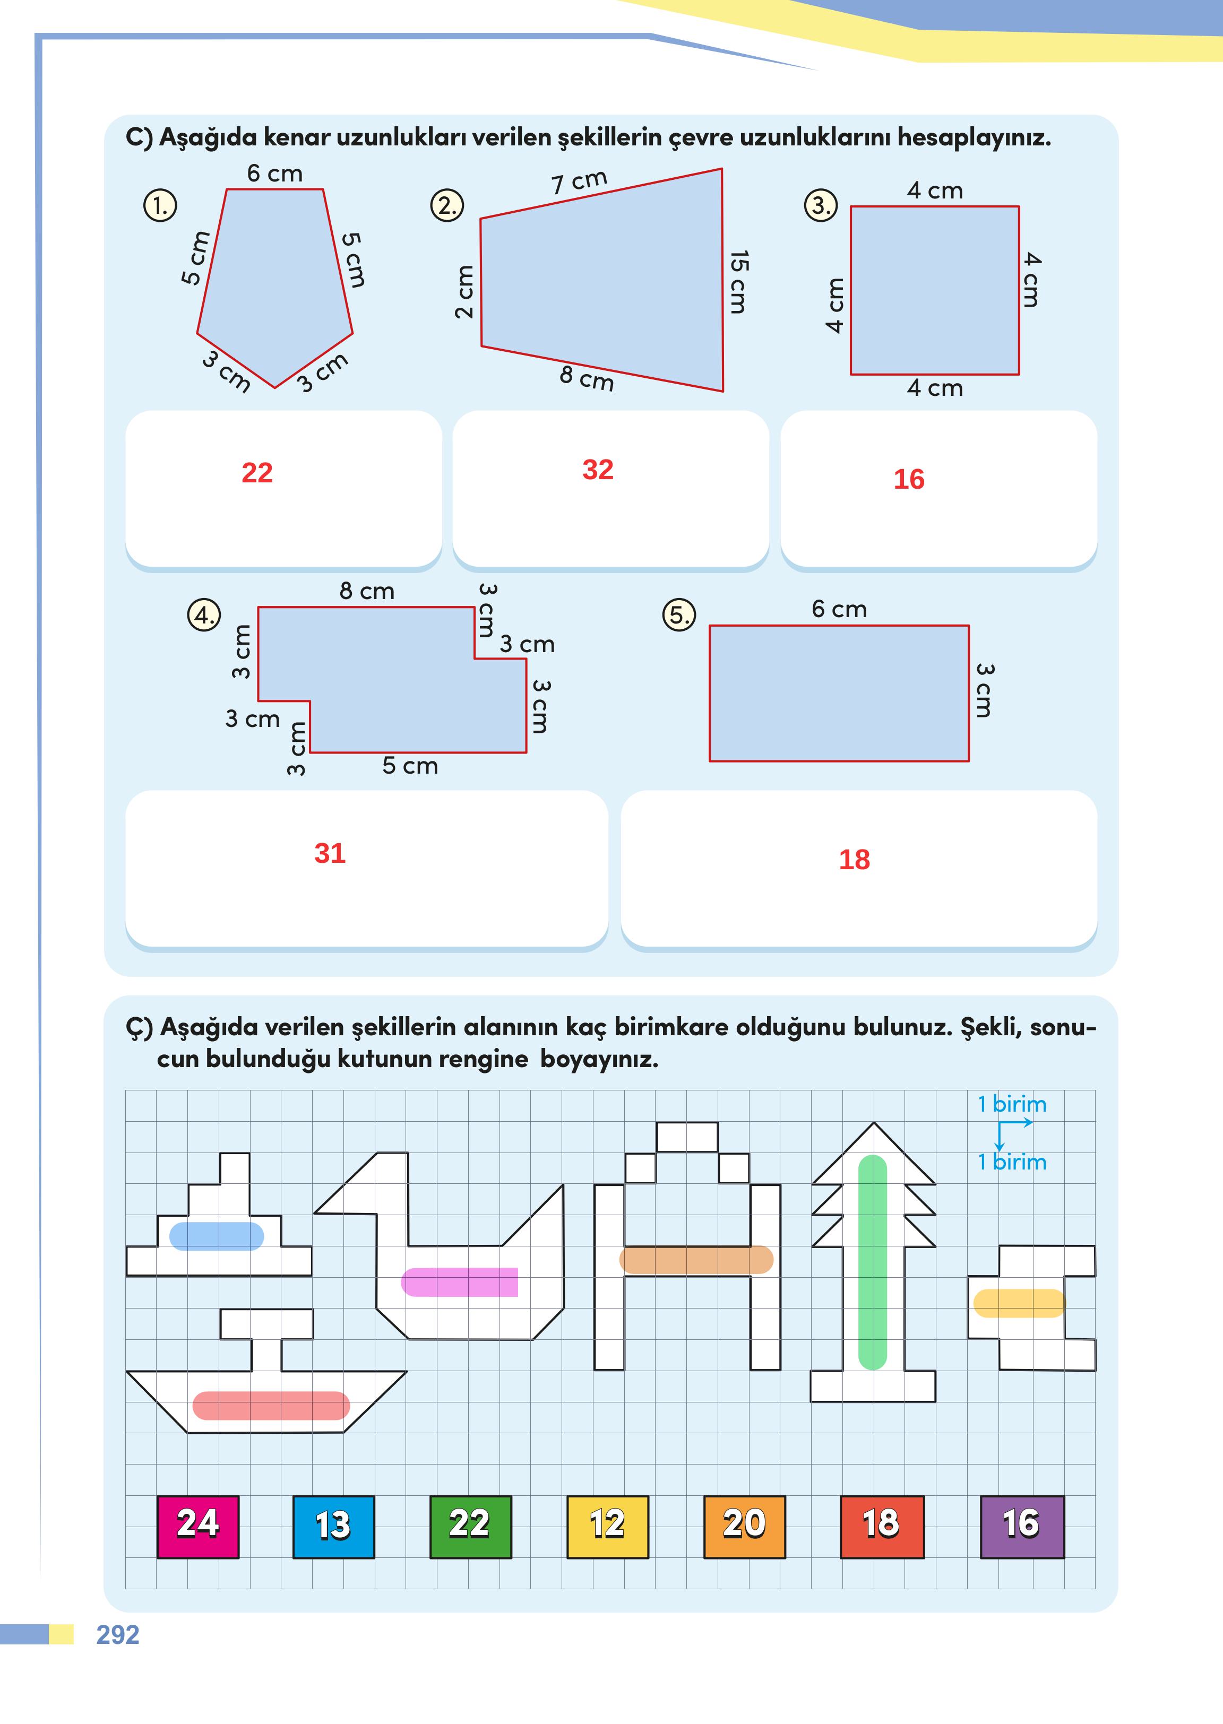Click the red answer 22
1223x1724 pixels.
pos(257,473)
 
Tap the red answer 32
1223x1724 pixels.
pos(598,470)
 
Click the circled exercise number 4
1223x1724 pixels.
pos(203,615)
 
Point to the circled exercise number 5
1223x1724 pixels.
pos(678,615)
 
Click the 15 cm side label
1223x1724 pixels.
pos(739,282)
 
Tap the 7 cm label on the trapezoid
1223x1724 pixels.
pos(579,181)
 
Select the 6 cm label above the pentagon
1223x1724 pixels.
pos(275,174)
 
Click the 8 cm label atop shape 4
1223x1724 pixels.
pos(367,591)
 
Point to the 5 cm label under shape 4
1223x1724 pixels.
pos(410,766)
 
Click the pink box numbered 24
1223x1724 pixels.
pos(198,1527)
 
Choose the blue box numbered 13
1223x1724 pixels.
pos(333,1527)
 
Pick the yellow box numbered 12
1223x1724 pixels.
pos(607,1527)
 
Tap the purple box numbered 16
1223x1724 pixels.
pos(1022,1527)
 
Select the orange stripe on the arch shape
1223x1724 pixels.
pos(696,1260)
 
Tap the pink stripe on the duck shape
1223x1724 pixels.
pos(459,1281)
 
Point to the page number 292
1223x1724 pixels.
pos(117,1634)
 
